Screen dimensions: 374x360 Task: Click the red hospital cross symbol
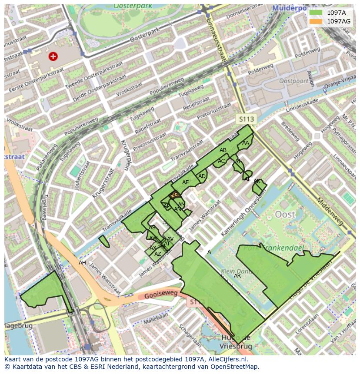click(53, 56)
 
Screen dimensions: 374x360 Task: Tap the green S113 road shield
click(246, 119)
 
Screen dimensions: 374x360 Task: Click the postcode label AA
click(246, 142)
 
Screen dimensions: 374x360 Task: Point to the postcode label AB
click(223, 150)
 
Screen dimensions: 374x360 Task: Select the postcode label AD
click(202, 176)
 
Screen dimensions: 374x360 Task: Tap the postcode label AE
click(186, 182)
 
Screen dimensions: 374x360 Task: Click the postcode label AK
click(257, 181)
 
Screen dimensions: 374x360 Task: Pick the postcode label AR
click(237, 276)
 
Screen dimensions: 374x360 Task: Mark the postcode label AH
click(82, 263)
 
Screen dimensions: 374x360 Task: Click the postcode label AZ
click(158, 254)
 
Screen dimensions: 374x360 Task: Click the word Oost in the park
click(285, 214)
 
